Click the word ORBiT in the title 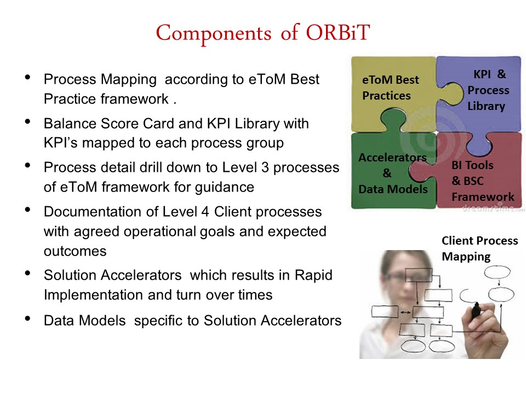tap(338, 32)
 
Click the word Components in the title tap(214, 34)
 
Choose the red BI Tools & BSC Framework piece tap(476, 177)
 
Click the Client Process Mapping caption tap(480, 248)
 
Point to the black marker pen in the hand tap(476, 311)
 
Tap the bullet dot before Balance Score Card tap(28, 121)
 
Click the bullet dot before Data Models tap(28, 318)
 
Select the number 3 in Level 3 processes tap(265, 167)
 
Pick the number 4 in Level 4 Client tap(205, 212)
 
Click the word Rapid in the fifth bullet tap(313, 275)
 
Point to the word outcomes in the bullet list tap(75, 251)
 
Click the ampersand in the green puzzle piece tap(387, 173)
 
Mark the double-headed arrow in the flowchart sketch tap(405, 312)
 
